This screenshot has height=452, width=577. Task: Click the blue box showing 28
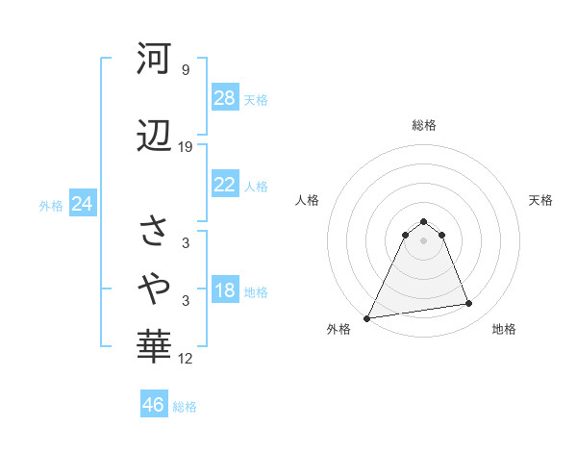pos(225,98)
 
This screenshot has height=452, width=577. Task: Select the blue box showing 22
pos(225,186)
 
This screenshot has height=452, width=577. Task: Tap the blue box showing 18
pos(225,291)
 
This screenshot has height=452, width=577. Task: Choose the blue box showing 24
pos(83,204)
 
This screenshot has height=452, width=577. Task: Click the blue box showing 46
pos(154,405)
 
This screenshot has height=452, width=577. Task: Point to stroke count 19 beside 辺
pos(186,147)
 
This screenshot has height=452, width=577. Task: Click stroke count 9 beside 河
pos(186,69)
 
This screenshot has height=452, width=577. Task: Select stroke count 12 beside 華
pos(186,359)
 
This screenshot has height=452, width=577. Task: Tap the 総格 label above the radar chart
pos(423,125)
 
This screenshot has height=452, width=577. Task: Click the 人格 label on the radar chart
pos(307,200)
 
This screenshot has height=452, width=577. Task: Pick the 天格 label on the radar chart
pos(540,200)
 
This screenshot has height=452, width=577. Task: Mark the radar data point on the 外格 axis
pos(367,317)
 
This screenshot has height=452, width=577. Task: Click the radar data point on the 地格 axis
pos(469,304)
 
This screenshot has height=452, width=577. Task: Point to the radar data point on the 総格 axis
pos(423,221)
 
